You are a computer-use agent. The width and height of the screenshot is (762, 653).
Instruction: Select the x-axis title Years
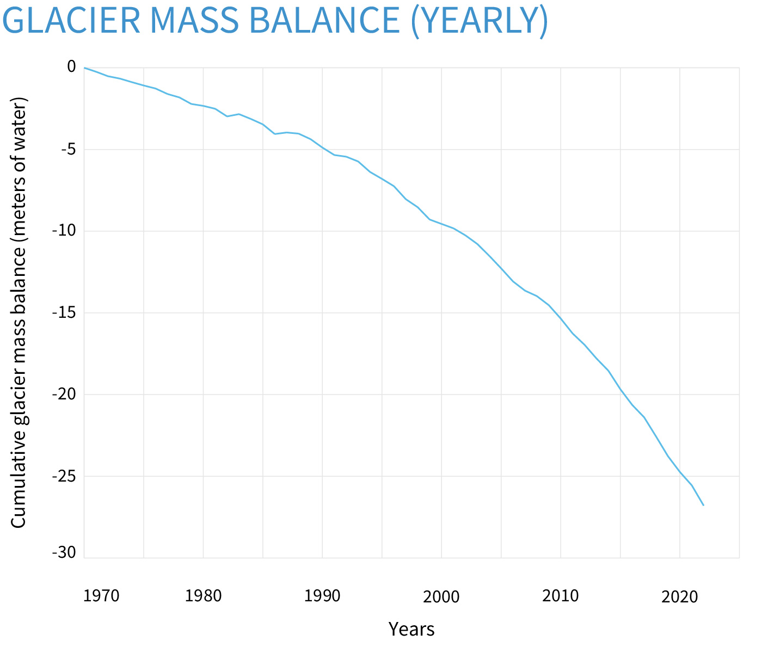[x=411, y=629]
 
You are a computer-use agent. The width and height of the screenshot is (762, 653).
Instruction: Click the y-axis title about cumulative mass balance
[x=19, y=313]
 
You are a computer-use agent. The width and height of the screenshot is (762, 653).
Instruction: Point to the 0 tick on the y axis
[x=71, y=66]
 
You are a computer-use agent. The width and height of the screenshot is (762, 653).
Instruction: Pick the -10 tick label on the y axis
[x=64, y=231]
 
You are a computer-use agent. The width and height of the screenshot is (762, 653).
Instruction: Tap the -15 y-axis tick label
[x=64, y=312]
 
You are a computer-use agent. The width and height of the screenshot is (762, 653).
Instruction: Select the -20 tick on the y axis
[x=64, y=394]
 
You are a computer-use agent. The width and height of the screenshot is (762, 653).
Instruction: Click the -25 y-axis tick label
[x=64, y=476]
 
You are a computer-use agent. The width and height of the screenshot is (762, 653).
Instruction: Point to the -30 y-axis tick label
[x=64, y=553]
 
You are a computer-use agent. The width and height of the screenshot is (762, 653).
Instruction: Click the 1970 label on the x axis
[x=102, y=596]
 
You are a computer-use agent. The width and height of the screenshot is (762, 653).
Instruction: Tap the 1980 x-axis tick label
[x=203, y=596]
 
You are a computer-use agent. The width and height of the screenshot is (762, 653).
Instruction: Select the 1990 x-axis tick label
[x=322, y=596]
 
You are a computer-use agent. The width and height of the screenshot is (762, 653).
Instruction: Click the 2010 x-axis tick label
[x=561, y=596]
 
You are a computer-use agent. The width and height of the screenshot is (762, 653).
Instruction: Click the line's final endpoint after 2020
[x=703, y=505]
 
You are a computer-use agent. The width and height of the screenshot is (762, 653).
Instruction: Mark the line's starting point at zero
[x=85, y=67]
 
